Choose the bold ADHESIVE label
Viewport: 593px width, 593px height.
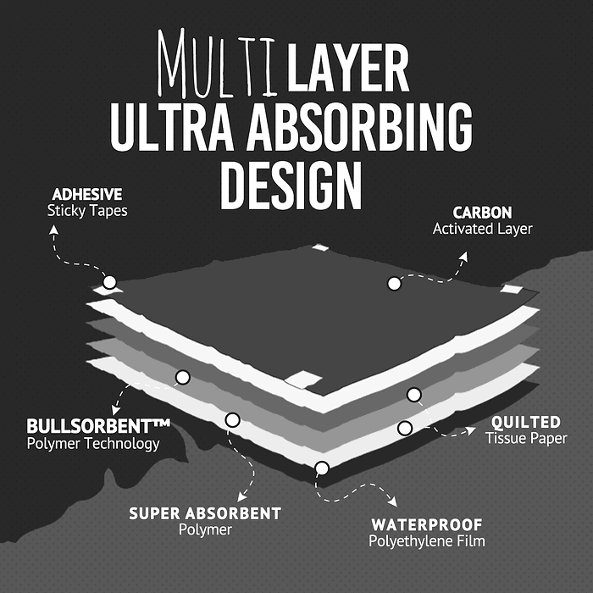[x=87, y=193]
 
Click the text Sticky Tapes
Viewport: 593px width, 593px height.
[x=87, y=210]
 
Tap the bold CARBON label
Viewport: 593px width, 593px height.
[x=482, y=213]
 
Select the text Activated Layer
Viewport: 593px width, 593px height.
[x=482, y=229]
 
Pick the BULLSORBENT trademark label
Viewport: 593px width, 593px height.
[x=99, y=426]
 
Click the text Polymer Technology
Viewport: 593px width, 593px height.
[x=93, y=444]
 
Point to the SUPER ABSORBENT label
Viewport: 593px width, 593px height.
[x=205, y=513]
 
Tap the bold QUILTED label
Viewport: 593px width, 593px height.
[x=526, y=422]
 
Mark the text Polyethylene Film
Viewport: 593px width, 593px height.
[x=427, y=541]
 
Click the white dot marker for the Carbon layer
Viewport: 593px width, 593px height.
[x=394, y=284]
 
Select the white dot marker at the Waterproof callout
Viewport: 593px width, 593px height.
[x=321, y=468]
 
